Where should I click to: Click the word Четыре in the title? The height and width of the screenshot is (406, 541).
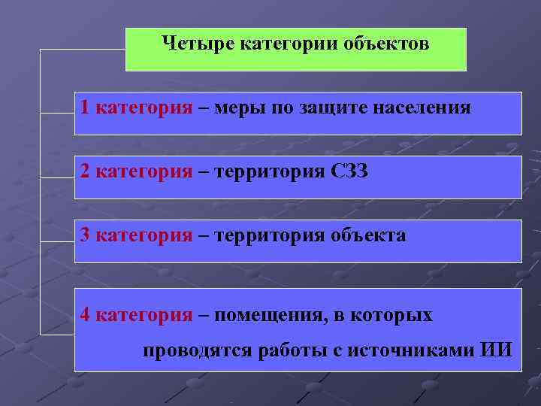click(x=197, y=44)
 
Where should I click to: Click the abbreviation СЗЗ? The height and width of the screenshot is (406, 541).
click(x=349, y=171)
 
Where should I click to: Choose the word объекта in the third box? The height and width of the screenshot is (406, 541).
click(x=367, y=235)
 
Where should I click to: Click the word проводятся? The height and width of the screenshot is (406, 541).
click(x=197, y=350)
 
